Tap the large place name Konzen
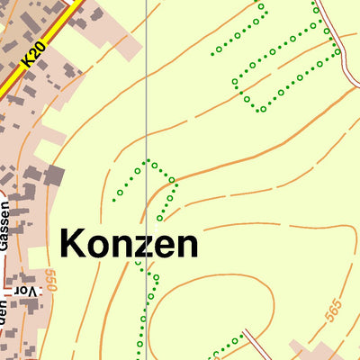pos(129,244)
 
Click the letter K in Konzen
pos(74,244)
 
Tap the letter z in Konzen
pos(138,246)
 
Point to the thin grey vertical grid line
pos(146,90)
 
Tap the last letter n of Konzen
pos(185,246)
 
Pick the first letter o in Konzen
pos(97,246)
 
